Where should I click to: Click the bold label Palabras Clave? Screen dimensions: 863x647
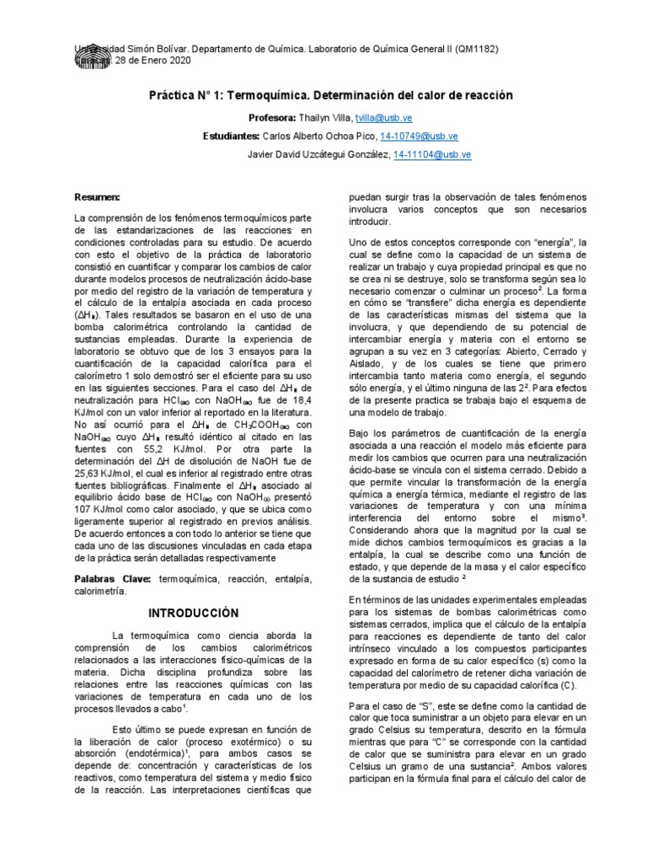click(x=112, y=580)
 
